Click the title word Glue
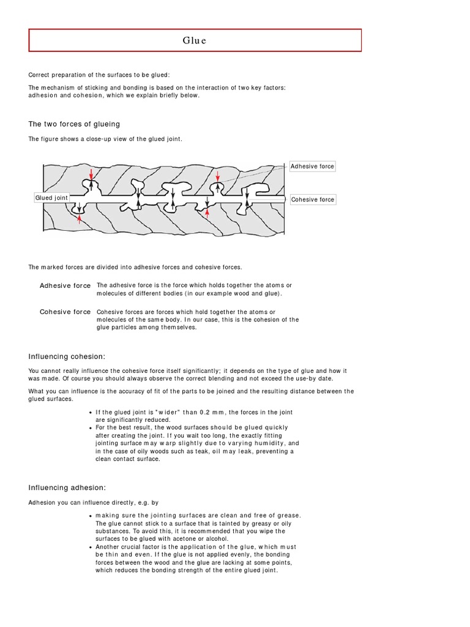click(x=195, y=40)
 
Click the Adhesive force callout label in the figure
click(x=312, y=167)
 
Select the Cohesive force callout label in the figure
click(x=312, y=200)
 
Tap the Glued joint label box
click(x=52, y=198)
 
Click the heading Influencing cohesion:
click(x=67, y=356)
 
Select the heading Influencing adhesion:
click(x=67, y=487)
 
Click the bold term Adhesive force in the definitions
click(x=65, y=286)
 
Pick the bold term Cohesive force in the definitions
click(x=65, y=312)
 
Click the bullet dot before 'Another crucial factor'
click(x=91, y=547)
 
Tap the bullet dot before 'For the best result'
click(x=91, y=427)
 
